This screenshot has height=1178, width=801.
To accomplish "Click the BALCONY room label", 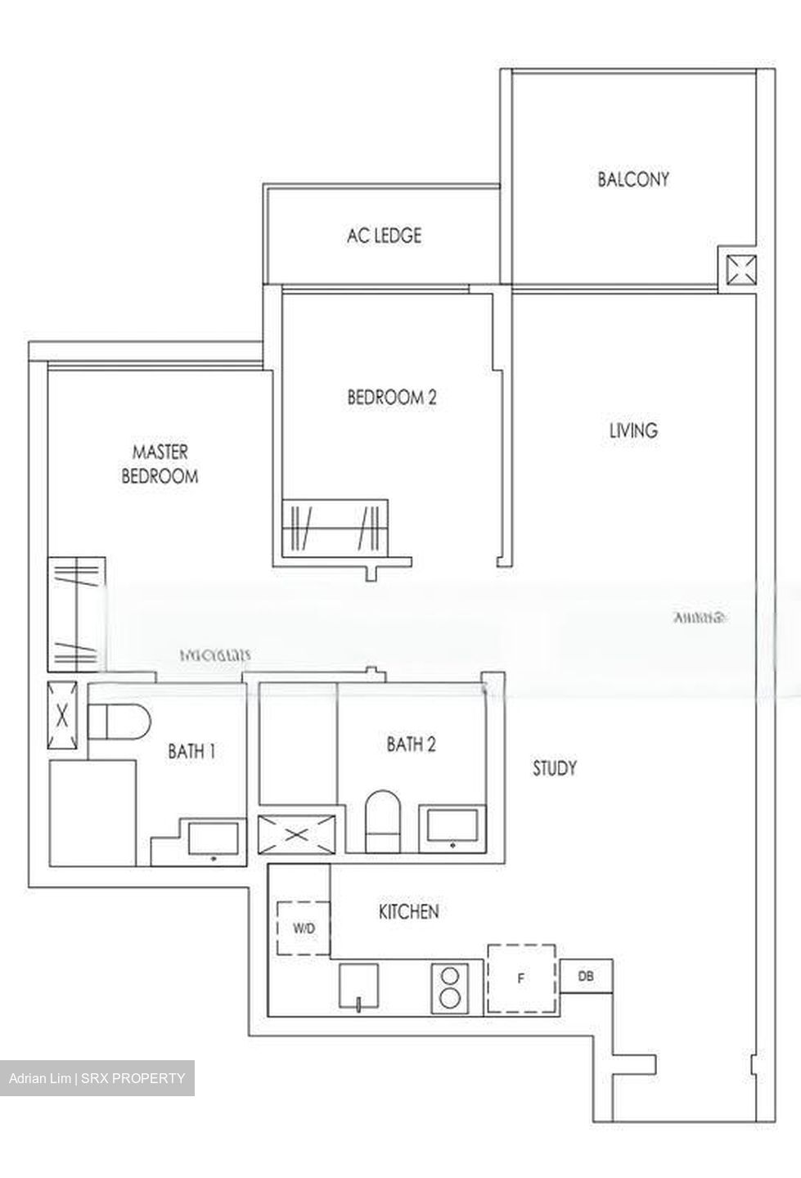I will click(x=632, y=179).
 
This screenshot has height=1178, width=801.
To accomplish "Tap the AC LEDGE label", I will click(x=384, y=236).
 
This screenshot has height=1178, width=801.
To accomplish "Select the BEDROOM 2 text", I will click(x=392, y=398).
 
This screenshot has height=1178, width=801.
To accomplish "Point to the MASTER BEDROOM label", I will click(x=160, y=464).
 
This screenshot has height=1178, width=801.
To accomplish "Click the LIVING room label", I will click(x=633, y=430).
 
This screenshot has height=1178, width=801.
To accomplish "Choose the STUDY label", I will click(x=554, y=768).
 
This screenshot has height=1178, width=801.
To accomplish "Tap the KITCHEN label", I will click(x=408, y=911).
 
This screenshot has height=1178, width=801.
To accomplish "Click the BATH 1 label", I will click(x=191, y=750).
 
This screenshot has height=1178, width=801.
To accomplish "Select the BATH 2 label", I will click(x=411, y=744).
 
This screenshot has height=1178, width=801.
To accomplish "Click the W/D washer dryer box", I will click(x=304, y=928).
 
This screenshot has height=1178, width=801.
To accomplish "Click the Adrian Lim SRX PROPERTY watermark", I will click(x=97, y=1078).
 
